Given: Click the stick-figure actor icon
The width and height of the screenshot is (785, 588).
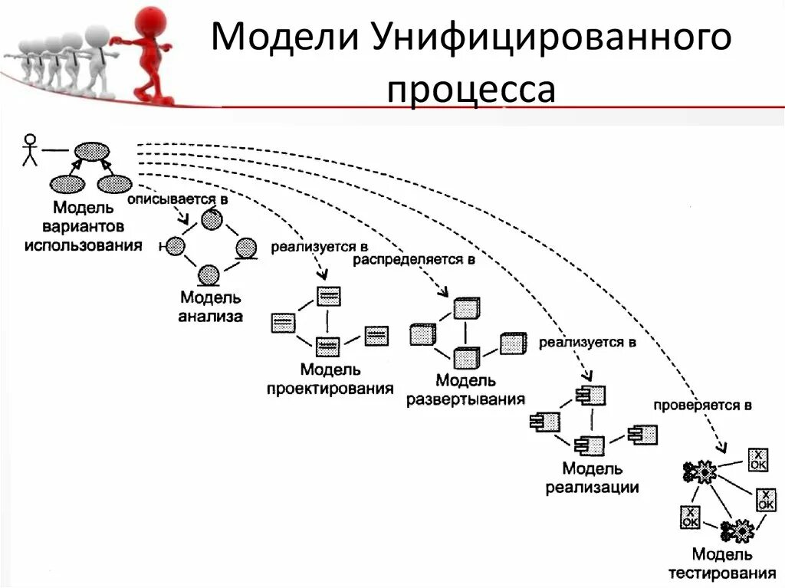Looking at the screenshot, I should [30, 149].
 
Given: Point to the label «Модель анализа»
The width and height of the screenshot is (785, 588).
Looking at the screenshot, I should [211, 306].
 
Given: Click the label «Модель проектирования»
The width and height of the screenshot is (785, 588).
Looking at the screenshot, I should [330, 379].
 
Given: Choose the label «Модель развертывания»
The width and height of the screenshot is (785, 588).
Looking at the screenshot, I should [465, 389].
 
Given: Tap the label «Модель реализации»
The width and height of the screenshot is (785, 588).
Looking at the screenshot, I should [592, 477].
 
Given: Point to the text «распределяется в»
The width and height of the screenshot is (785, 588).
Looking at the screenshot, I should [414, 260].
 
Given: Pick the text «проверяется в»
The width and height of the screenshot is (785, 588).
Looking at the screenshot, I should [702, 404].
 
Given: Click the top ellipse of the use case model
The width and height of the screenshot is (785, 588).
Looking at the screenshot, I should [91, 151].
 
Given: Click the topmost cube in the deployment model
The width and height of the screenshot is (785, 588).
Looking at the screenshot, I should [465, 308].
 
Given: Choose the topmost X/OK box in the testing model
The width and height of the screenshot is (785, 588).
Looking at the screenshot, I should [757, 459].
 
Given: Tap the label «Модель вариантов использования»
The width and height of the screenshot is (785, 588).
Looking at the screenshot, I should [83, 226].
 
